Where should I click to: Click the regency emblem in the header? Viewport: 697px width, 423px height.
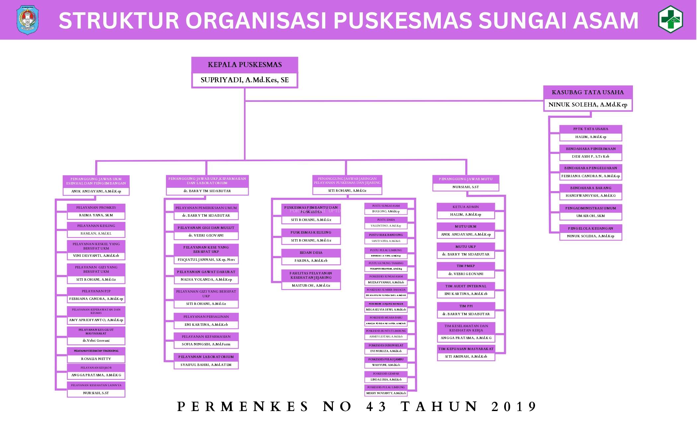28,20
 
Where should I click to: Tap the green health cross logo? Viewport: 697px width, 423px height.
670,19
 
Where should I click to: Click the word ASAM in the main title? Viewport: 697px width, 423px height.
605,21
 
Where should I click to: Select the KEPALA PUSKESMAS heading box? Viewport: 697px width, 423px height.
245,65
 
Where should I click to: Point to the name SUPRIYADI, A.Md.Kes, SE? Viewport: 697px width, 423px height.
245,80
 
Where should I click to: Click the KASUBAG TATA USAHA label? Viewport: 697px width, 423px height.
587,92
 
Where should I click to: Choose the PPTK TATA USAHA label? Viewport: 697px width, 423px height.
590,129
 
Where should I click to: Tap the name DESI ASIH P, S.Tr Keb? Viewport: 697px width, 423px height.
590,157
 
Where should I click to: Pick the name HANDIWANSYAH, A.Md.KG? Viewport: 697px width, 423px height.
590,196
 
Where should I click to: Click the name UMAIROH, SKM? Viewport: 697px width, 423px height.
590,216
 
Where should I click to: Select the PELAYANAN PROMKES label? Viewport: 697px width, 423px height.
96,208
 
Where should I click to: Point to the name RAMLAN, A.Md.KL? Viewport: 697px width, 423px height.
96,234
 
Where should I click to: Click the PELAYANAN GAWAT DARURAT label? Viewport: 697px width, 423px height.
206,272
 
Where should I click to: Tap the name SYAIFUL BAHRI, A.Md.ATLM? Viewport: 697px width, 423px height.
206,365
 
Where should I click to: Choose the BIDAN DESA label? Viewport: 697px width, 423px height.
311,253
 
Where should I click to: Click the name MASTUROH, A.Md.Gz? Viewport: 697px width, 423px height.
311,286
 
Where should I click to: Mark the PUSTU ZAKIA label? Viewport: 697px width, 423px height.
386,220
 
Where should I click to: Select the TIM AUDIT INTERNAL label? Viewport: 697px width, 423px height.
466,286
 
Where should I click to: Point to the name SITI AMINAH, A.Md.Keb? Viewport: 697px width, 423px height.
466,357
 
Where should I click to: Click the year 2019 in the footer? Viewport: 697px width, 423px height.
514,407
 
